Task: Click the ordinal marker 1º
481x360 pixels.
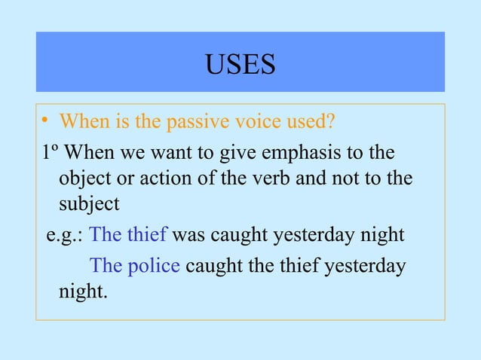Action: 50,154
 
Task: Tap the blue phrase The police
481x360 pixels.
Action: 135,266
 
